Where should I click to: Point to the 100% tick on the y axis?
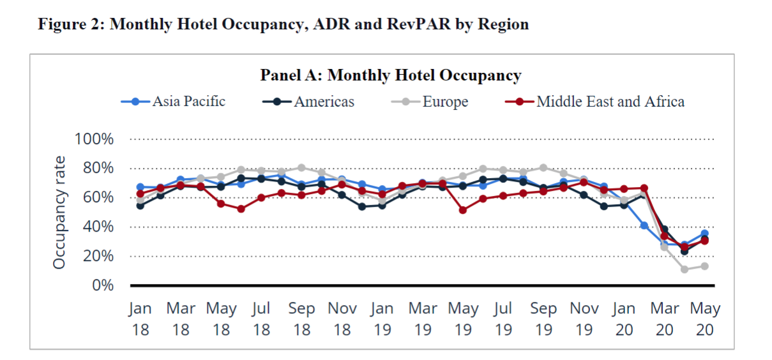[x=94, y=139]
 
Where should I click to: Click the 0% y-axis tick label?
[x=102, y=285]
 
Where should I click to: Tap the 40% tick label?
[x=98, y=227]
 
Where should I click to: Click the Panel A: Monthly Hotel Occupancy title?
[x=390, y=75]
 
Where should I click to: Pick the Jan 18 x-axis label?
[x=140, y=319]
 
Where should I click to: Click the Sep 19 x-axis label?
[x=543, y=319]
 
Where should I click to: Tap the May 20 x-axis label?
[x=704, y=319]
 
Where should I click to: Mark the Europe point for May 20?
[x=704, y=266]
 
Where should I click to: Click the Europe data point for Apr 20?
[x=685, y=269]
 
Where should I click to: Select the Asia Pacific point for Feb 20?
[x=644, y=225]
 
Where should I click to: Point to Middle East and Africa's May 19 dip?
[x=462, y=210]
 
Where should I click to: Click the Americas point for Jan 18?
[x=140, y=206]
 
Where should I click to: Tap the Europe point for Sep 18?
[x=301, y=168]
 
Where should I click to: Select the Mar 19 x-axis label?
[x=422, y=319]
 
